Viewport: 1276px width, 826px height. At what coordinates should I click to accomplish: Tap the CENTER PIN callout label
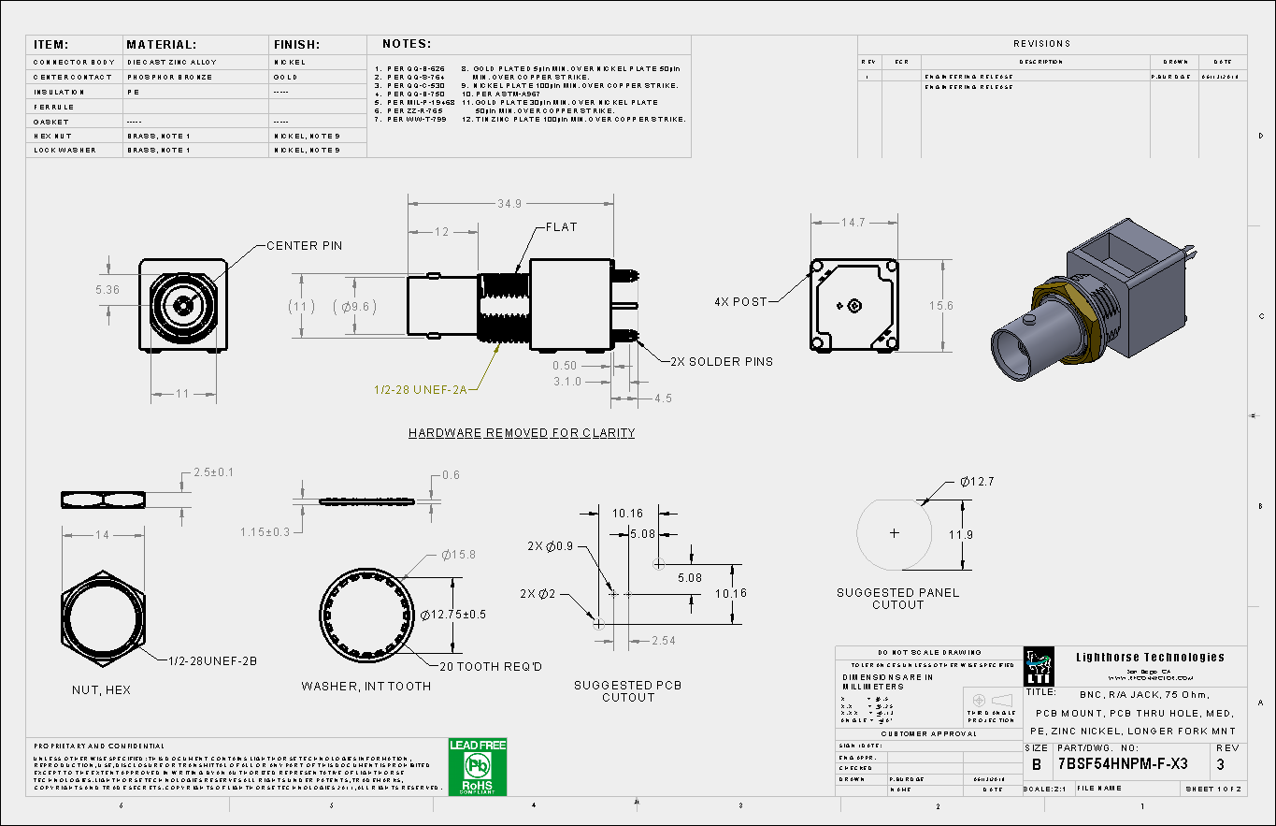304,246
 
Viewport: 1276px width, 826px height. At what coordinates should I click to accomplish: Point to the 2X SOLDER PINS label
722,362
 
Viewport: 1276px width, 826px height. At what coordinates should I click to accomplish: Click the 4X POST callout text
738,302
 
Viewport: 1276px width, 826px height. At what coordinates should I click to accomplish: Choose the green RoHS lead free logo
478,767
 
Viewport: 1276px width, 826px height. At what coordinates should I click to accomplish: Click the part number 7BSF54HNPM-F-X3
1123,763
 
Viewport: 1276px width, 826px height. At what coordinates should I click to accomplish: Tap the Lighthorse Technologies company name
1150,658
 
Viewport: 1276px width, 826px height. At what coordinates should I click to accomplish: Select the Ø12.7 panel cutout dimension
976,482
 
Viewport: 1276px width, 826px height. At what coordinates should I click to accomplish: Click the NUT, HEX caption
101,690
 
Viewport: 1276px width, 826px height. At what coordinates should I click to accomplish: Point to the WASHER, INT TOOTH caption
366,687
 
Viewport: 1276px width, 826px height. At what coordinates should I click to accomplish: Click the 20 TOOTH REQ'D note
491,666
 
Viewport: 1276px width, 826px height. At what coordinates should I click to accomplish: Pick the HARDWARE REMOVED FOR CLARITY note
522,433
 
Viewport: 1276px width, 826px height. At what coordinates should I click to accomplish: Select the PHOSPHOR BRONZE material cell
164,77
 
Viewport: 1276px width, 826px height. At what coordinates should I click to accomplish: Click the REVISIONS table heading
1041,44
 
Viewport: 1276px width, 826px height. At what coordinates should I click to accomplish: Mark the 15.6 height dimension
940,306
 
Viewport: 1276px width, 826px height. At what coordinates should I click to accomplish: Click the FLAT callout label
562,227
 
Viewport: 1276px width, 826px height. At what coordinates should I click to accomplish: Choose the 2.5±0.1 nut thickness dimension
213,472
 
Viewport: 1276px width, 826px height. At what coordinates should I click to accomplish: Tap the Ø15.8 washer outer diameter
458,555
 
